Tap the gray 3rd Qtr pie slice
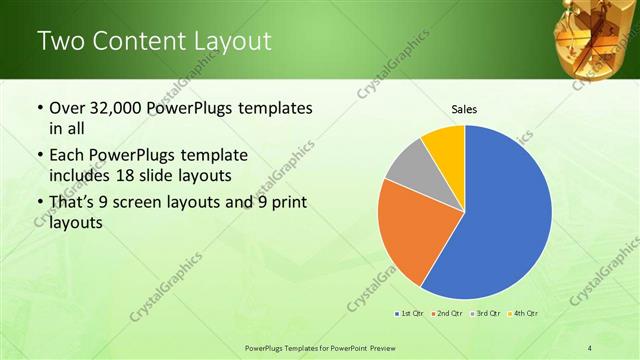(406, 166)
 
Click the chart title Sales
(464, 108)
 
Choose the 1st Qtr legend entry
(411, 313)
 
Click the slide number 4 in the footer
(590, 347)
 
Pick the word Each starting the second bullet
(67, 157)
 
